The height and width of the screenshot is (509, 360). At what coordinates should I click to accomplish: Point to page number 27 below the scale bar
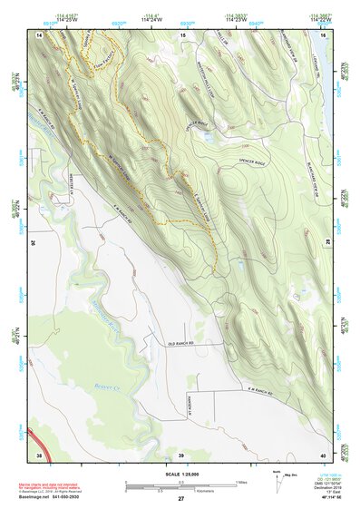click(x=180, y=499)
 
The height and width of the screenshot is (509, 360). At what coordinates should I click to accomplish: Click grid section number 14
click(x=39, y=34)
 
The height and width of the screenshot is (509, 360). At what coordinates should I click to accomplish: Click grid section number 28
click(x=326, y=241)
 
